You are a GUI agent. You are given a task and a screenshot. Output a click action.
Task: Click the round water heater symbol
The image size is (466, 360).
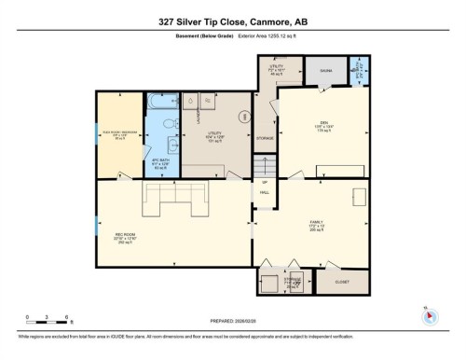coord(245,117)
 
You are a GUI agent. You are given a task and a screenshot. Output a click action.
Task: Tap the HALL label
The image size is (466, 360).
coord(265,190)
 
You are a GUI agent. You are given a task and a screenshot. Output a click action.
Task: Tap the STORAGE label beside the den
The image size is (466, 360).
coord(265,137)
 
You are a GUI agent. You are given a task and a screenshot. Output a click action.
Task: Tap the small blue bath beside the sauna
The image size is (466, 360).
coord(360,70)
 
